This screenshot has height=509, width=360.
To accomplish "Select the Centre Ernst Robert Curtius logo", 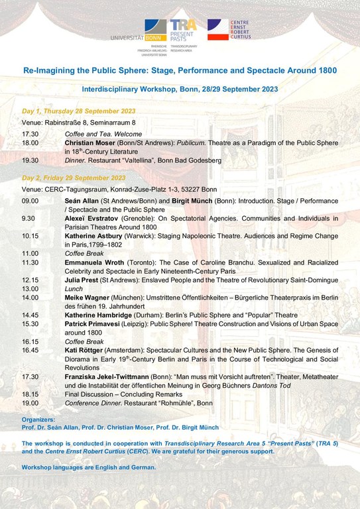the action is [x=227, y=30].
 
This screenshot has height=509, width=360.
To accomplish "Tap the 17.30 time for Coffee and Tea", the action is [x=30, y=134].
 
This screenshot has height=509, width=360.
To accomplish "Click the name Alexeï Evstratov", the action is [x=91, y=218].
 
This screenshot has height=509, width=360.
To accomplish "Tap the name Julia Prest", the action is [x=82, y=280].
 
